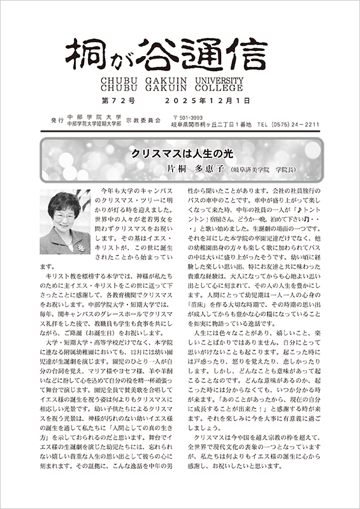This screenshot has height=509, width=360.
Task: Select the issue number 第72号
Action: pyautogui.click(x=118, y=101)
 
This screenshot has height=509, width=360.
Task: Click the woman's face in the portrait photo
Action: pyautogui.click(x=66, y=214)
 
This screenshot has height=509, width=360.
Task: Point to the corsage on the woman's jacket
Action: pyautogui.click(x=81, y=245)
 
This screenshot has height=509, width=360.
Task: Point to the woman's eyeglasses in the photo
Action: pyautogui.click(x=66, y=213)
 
